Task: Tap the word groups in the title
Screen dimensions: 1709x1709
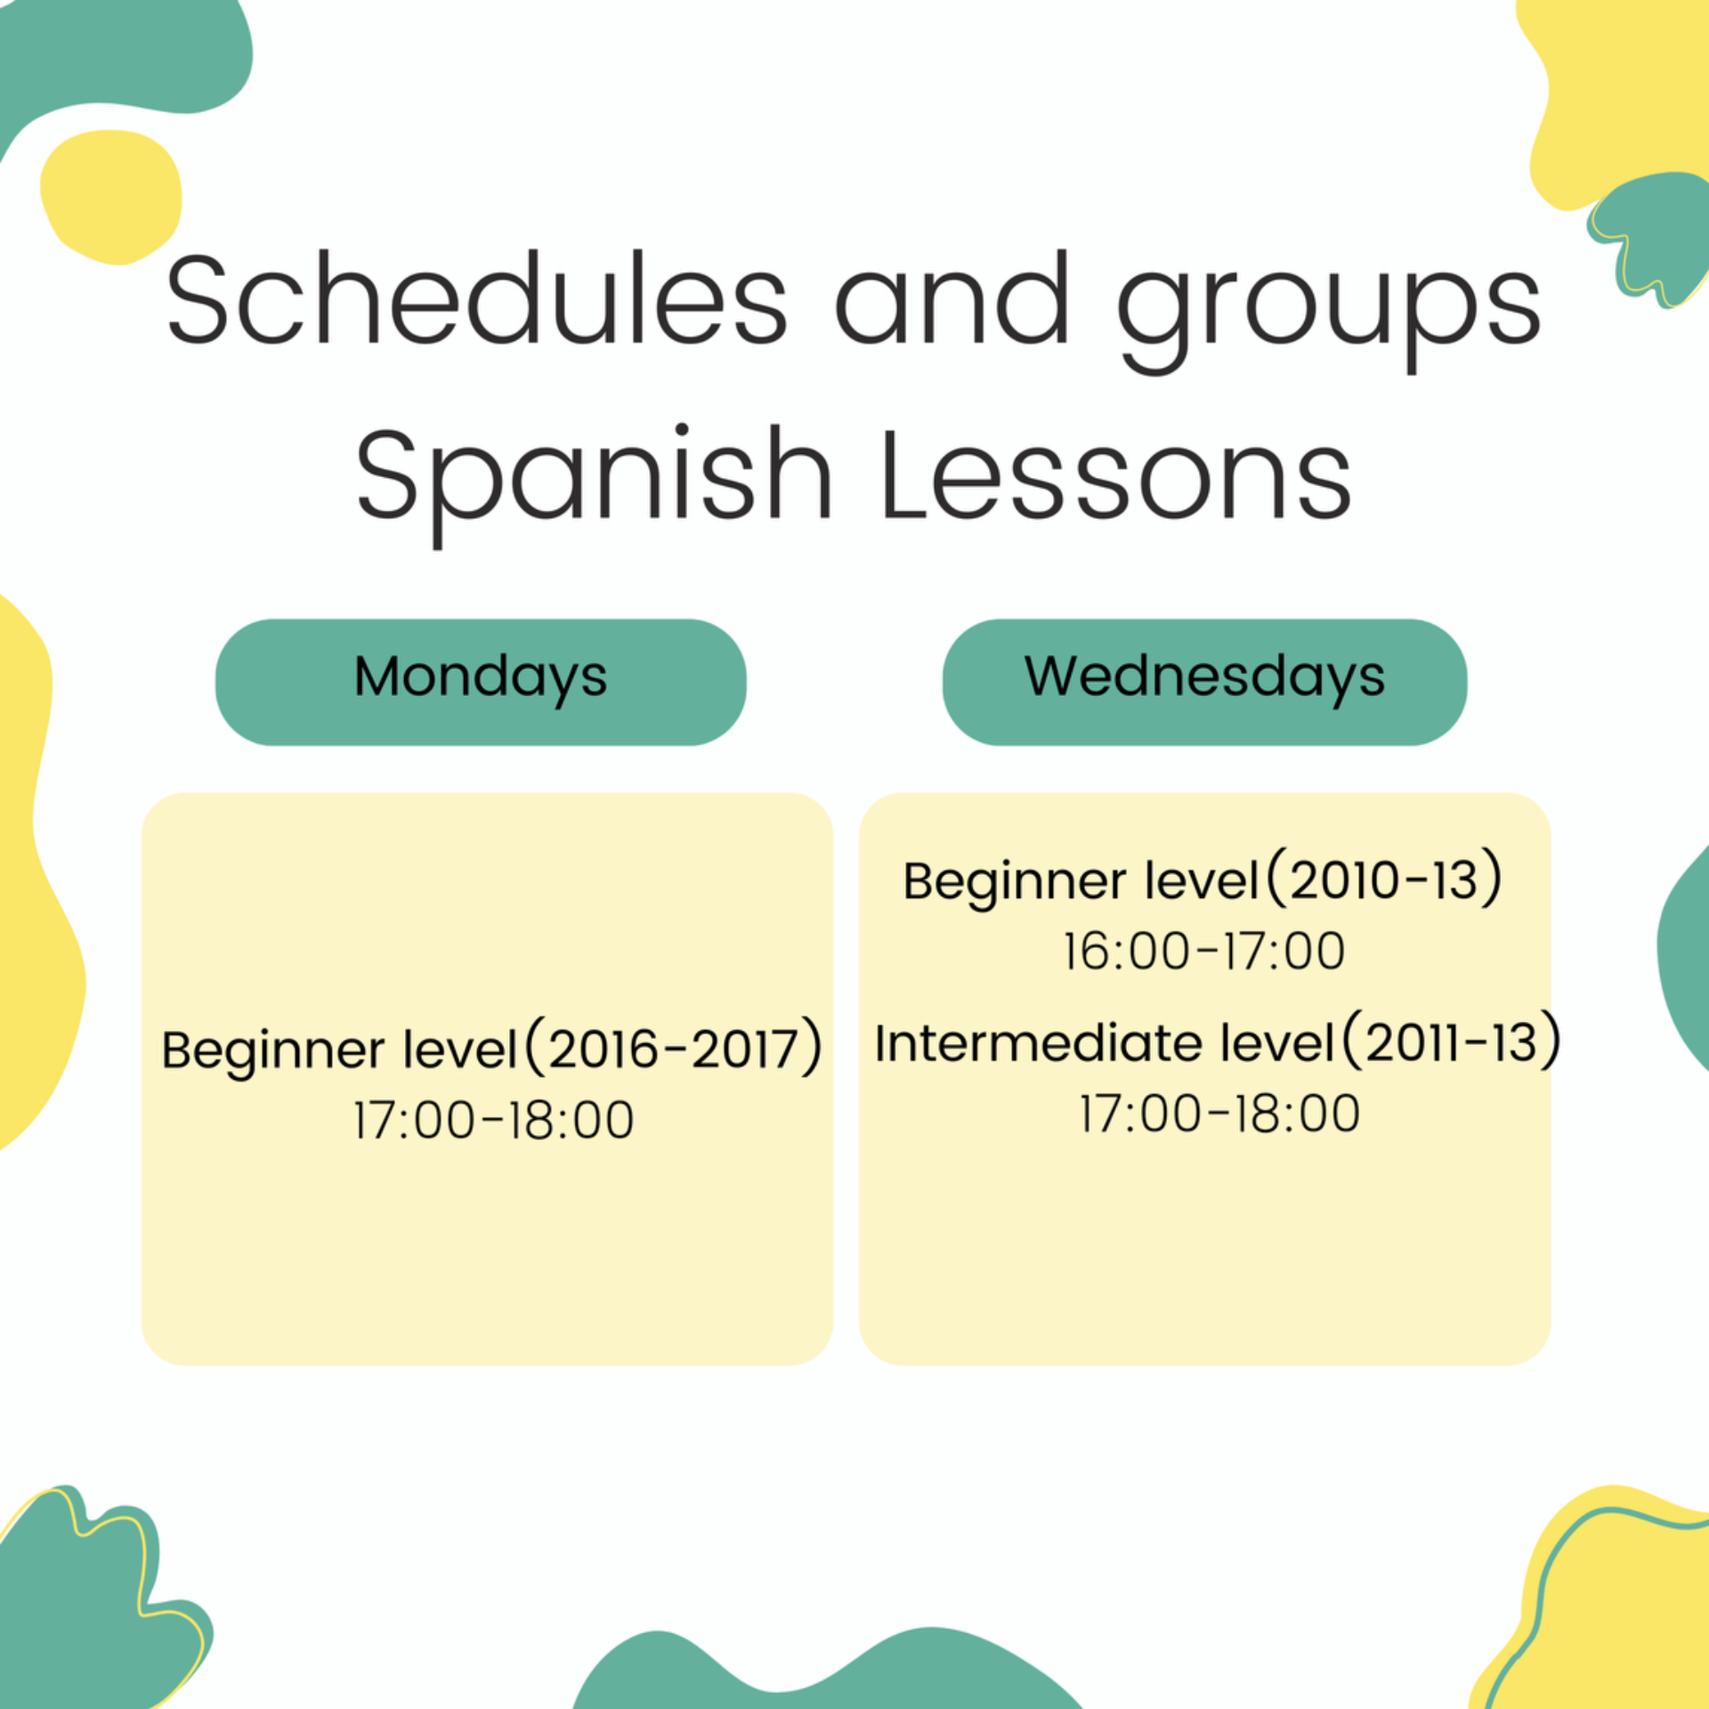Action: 1329,312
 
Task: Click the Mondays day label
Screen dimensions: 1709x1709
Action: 481,679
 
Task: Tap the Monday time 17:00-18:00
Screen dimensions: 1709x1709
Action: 493,1120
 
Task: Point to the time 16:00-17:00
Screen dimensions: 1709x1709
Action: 1203,951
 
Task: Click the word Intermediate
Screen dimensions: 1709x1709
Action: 1038,1042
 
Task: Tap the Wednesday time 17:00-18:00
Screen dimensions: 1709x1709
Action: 1219,1114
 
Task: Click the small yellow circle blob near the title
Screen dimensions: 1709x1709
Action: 111,197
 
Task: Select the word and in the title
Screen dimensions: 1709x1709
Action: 952,298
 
